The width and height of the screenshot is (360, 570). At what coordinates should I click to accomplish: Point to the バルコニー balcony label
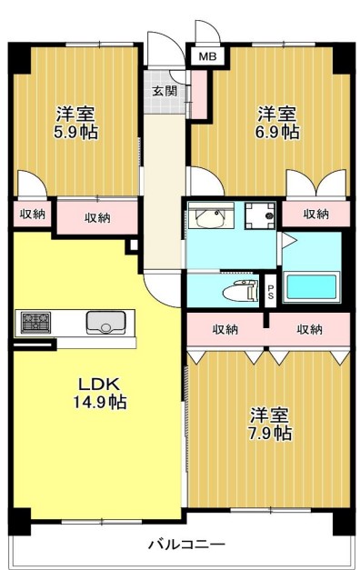point(186,545)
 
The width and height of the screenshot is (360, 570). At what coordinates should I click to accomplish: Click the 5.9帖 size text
point(76,133)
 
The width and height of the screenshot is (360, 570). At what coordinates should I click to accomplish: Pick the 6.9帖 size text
point(277,133)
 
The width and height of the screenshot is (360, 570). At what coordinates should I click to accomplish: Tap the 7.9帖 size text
point(270,434)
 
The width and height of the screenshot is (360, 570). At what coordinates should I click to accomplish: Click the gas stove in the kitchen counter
point(36,322)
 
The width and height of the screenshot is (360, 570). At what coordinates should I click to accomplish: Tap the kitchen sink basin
point(105,322)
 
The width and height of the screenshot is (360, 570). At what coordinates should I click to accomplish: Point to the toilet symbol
point(238,291)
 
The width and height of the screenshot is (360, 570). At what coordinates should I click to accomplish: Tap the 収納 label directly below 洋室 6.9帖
point(315,214)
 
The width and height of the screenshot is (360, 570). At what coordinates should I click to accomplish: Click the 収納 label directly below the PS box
point(225,329)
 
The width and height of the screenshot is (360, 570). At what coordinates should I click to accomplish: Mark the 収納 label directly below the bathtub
point(309,329)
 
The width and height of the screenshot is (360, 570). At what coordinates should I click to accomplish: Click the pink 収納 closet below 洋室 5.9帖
point(97,217)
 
